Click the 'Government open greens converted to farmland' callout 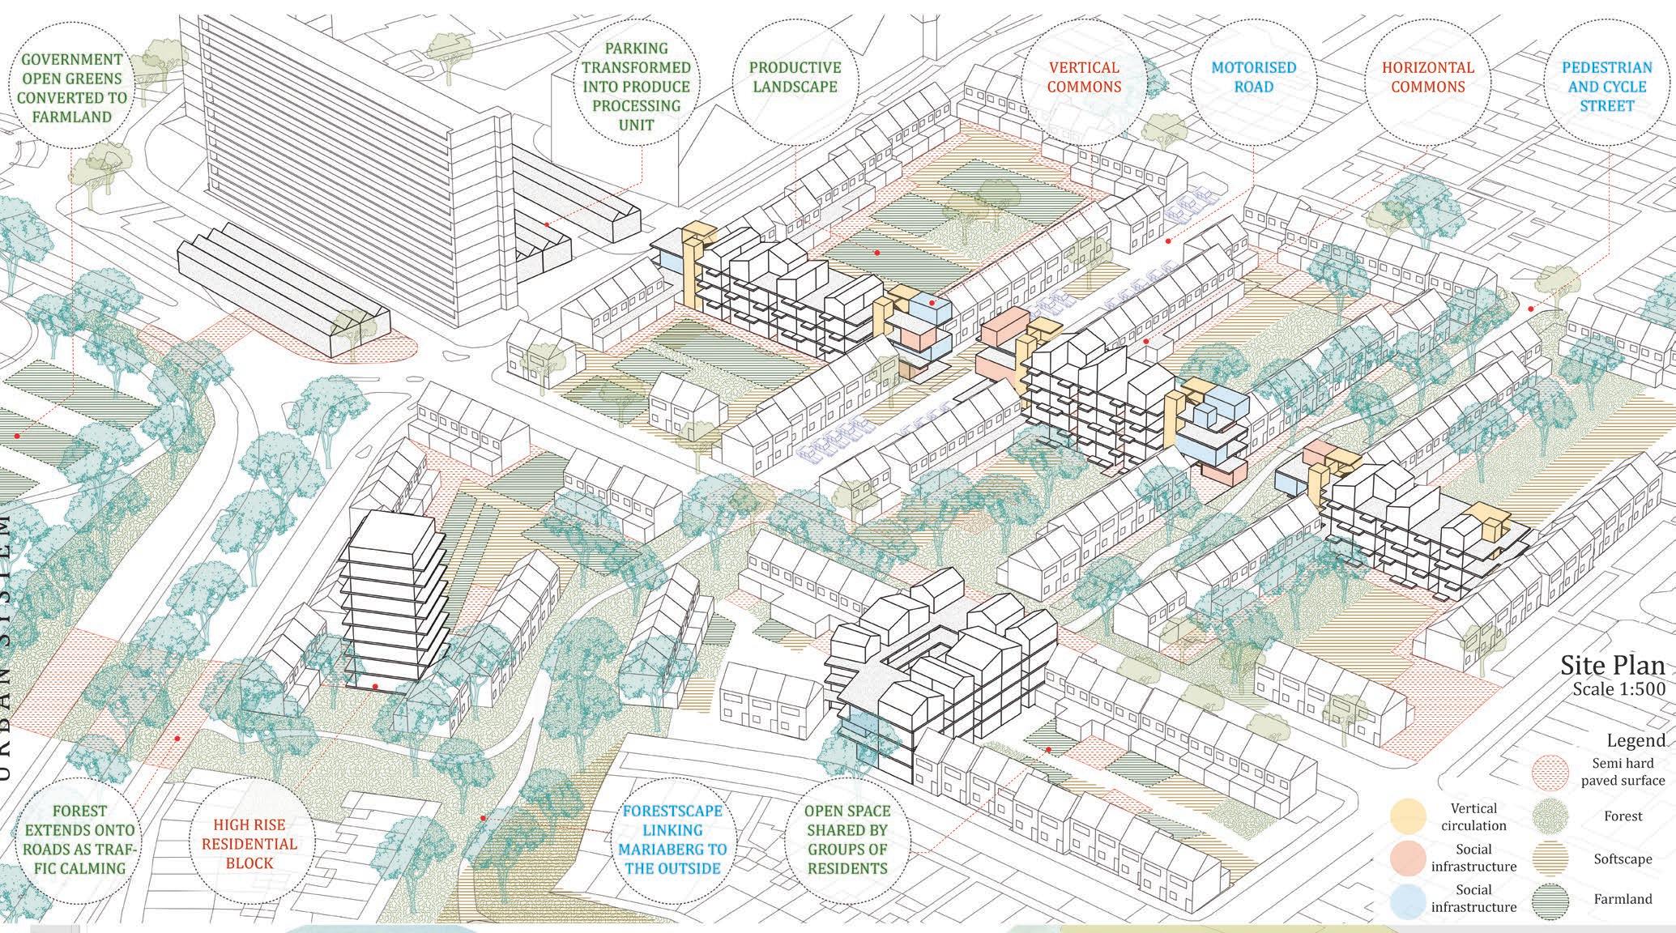tap(72, 87)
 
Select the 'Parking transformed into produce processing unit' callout tap(635, 86)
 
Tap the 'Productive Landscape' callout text tap(794, 77)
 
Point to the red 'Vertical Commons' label tap(1084, 77)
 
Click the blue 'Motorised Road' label tap(1253, 77)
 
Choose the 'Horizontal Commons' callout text tap(1427, 77)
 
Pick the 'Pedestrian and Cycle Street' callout tap(1606, 86)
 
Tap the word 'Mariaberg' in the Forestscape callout tap(672, 850)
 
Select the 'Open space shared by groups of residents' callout tap(847, 840)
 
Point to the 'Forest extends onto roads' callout tap(79, 840)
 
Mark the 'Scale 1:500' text tap(1618, 689)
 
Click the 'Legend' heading tap(1635, 740)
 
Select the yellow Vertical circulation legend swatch tap(1409, 816)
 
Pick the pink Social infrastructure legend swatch tap(1409, 858)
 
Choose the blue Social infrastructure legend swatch tap(1409, 901)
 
